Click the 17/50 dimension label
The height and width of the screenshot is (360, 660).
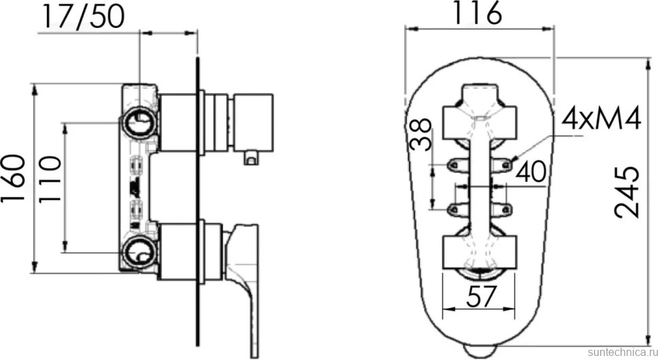click(83, 17)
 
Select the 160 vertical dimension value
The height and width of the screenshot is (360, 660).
click(14, 178)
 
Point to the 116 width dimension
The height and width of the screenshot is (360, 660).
click(477, 13)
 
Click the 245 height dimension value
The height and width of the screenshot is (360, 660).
click(627, 193)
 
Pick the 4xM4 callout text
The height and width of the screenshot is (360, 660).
click(601, 118)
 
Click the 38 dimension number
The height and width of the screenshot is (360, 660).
click(421, 134)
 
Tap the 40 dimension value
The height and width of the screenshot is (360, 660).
click(531, 171)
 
